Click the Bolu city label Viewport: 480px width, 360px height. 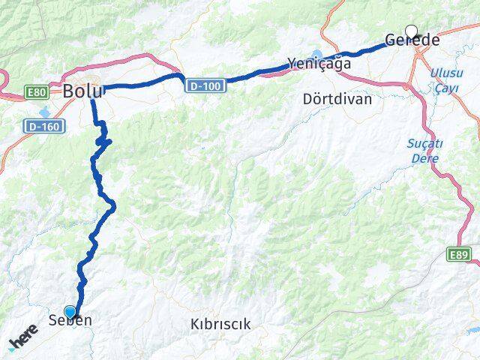(x=83, y=91)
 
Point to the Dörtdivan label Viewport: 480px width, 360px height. (x=337, y=98)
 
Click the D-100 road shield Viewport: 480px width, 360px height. (x=204, y=86)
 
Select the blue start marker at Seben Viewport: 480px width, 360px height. (x=70, y=311)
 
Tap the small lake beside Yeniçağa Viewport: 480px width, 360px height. (x=315, y=54)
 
